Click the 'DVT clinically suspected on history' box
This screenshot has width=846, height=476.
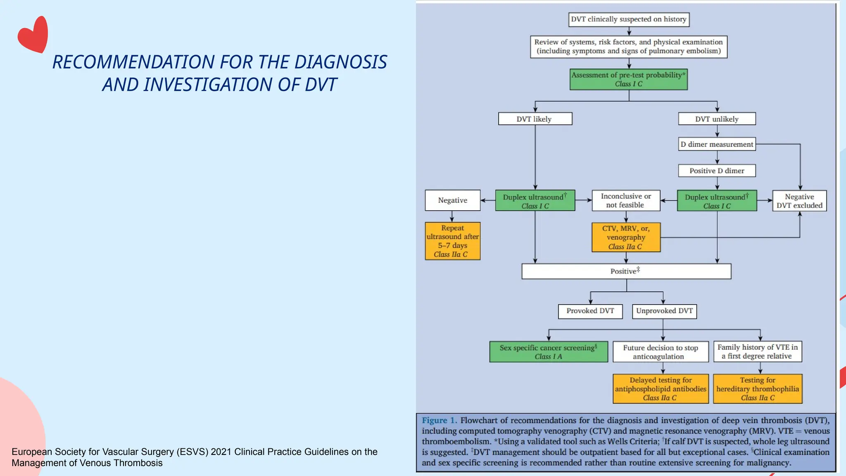pos(628,19)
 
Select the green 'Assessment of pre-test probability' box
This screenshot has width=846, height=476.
pos(628,79)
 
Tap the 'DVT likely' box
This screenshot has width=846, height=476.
pos(535,119)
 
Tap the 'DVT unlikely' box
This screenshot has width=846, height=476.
pos(717,119)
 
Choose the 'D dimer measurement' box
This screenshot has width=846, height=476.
pos(717,144)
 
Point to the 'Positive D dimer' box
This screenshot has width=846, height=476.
pos(717,171)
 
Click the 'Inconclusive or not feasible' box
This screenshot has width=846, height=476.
pos(625,201)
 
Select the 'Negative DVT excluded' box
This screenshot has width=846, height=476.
pos(799,201)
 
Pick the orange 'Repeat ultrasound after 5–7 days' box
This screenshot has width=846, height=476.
pos(452,241)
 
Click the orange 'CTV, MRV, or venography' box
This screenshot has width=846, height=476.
pos(626,238)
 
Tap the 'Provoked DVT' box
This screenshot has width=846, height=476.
pos(590,311)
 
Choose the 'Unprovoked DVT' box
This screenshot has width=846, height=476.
pos(664,311)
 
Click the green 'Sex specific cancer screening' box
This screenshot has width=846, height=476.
pos(548,352)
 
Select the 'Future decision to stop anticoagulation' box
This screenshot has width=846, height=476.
pos(660,352)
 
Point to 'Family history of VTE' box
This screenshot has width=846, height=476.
pos(757,352)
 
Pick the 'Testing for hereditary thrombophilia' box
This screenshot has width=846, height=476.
pos(757,389)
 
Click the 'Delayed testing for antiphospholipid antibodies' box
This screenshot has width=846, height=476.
pos(660,389)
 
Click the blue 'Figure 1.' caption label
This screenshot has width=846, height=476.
pos(439,421)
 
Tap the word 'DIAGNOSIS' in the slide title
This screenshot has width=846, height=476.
pos(340,62)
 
